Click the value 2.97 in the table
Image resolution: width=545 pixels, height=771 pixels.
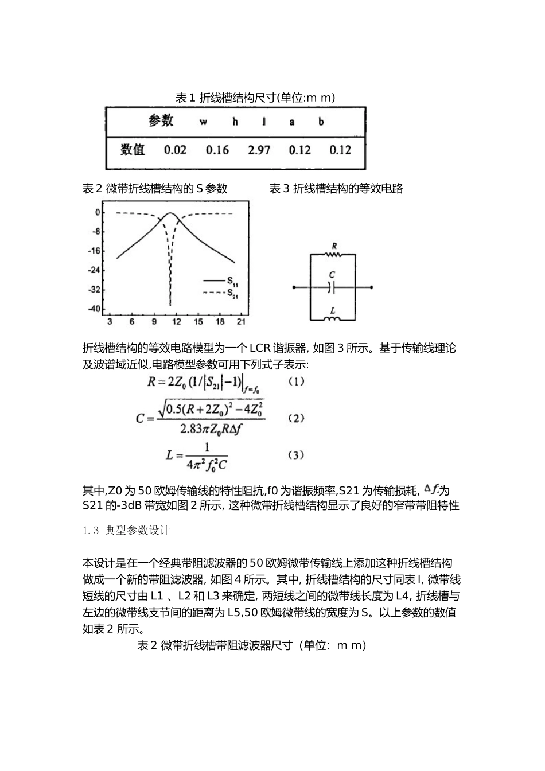click(259, 150)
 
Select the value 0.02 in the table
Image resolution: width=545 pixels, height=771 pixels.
click(175, 150)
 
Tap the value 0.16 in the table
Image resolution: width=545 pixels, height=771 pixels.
click(217, 150)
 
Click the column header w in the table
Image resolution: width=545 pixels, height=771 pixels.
click(203, 122)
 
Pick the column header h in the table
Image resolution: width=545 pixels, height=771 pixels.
click(235, 122)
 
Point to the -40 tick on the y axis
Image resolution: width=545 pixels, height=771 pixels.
click(94, 309)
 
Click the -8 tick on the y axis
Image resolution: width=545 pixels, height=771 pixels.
click(96, 232)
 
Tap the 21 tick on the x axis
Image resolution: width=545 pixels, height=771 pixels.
click(242, 322)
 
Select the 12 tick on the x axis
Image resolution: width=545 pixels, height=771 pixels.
click(176, 322)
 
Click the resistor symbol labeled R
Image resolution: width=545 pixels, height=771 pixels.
click(333, 254)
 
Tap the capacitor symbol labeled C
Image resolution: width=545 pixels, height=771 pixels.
click(332, 287)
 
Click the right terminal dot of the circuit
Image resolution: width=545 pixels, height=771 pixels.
click(372, 287)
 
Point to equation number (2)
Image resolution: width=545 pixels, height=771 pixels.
click(295, 418)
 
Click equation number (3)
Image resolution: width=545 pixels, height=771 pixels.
click(295, 455)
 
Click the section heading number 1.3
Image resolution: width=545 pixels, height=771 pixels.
click(92, 531)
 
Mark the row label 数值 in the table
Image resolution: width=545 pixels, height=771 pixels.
click(133, 150)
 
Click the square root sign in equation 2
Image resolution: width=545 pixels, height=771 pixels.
click(162, 408)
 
